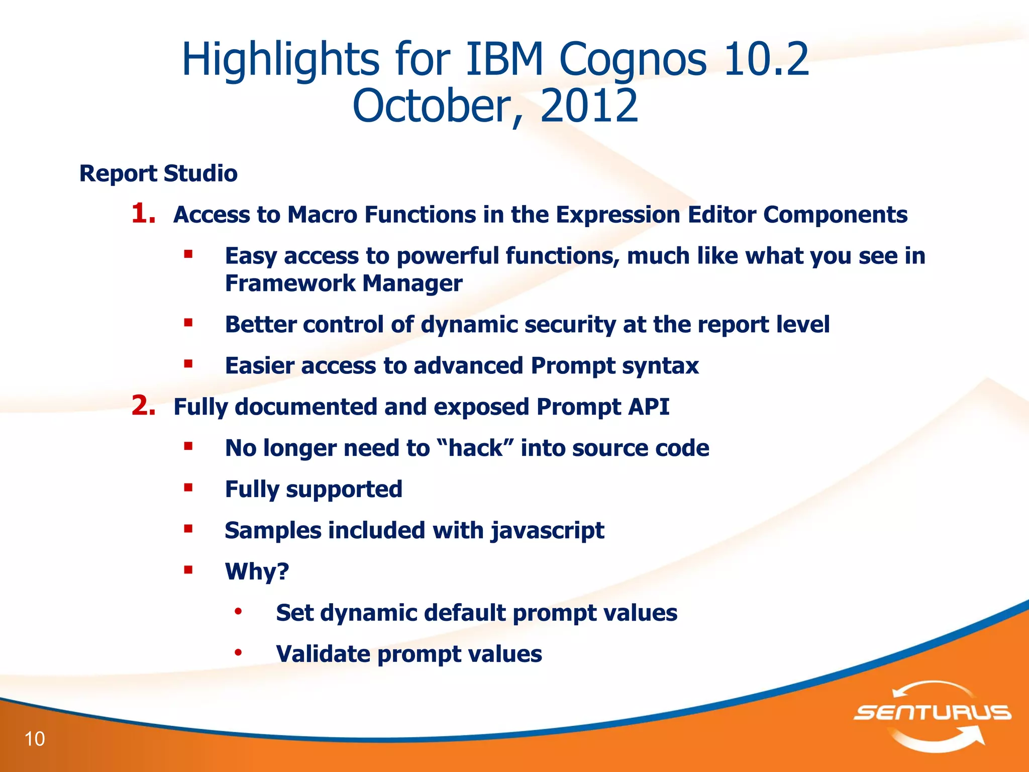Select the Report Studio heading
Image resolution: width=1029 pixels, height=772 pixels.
click(158, 173)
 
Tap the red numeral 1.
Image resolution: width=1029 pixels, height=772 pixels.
click(143, 214)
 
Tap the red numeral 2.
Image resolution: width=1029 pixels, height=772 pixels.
click(143, 406)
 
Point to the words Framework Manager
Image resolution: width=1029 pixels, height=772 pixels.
click(344, 283)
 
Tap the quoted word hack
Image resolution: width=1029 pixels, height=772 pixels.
click(475, 448)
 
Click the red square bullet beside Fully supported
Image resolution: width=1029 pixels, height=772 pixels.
click(188, 488)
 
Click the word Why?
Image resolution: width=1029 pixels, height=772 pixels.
click(257, 571)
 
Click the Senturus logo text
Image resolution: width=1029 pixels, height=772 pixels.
click(932, 712)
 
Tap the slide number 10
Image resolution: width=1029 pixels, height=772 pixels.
click(35, 739)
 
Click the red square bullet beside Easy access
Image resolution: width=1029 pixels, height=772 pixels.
click(188, 254)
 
